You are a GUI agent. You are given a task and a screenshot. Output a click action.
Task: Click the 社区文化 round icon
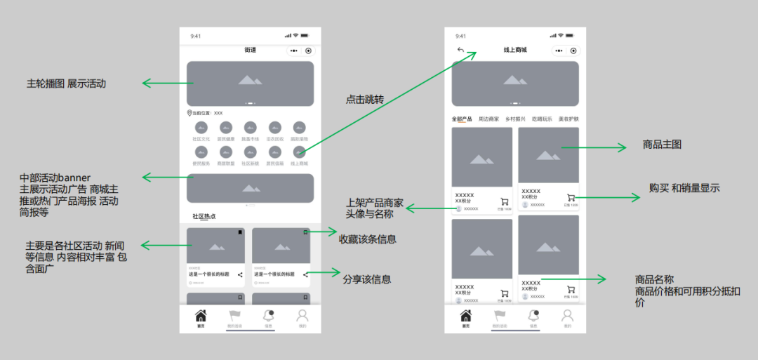point(201,128)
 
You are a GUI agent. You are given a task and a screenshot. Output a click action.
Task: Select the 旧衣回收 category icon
point(274,128)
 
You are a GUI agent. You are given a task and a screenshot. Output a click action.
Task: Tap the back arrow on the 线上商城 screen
point(460,50)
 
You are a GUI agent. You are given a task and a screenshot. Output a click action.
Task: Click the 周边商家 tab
point(488,119)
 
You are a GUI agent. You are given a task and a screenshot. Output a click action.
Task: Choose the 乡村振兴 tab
point(515,119)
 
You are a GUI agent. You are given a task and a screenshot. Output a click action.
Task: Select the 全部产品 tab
point(461,119)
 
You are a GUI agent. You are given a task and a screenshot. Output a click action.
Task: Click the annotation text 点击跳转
point(365,100)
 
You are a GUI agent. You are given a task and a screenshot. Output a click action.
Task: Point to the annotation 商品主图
point(662,145)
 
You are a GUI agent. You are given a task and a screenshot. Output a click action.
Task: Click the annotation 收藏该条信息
point(368,239)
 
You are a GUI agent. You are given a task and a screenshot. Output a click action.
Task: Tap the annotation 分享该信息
point(367,279)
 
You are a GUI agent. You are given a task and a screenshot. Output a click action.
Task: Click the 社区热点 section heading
point(204,216)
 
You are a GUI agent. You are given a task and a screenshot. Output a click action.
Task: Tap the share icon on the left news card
point(240,274)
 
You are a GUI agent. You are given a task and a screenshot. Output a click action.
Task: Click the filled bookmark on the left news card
point(239,232)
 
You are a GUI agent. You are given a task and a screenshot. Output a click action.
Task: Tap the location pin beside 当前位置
point(189,113)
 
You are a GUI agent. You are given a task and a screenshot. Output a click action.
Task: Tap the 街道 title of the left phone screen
point(250,50)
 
